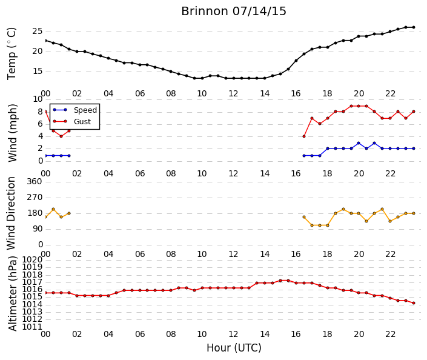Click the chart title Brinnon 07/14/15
[x=234, y=12]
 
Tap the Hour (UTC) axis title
[x=234, y=348]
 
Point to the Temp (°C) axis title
[x=12, y=54]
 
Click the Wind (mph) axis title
[x=13, y=133]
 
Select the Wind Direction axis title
[x=11, y=213]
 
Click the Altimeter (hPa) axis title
[x=13, y=293]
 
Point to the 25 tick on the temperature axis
[x=38, y=32]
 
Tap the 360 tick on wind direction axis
[x=35, y=181]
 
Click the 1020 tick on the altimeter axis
[x=32, y=259]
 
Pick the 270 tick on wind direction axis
[x=35, y=198]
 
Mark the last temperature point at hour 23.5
[x=414, y=27]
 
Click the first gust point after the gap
[x=304, y=136]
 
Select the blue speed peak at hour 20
[x=359, y=143]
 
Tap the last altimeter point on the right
[x=414, y=303]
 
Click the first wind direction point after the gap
[x=304, y=217]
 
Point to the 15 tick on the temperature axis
[x=38, y=72]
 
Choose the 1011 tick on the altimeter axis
[x=32, y=327]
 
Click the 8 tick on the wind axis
[x=41, y=112]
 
